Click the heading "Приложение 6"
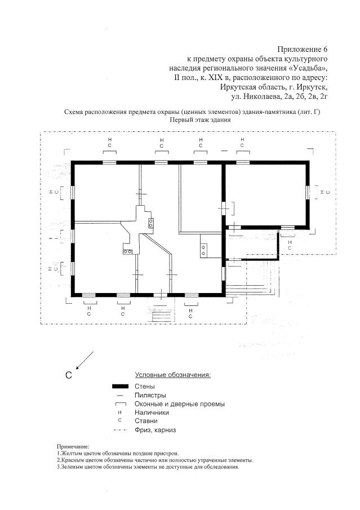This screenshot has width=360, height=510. click(302, 49)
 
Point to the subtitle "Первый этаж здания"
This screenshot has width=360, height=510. click(200, 119)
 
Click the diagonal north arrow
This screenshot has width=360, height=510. click(85, 361)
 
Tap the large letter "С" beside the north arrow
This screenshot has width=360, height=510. click(69, 375)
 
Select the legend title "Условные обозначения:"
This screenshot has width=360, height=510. click(173, 375)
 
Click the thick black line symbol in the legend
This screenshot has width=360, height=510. click(121, 387)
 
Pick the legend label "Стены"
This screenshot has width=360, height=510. click(145, 387)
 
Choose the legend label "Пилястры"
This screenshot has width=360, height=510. click(150, 396)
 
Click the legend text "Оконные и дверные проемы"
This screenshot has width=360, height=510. click(180, 404)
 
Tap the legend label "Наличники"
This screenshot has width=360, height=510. click(152, 413)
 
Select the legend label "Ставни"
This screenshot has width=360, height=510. click(146, 421)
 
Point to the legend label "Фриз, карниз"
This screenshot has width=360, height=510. click(155, 430)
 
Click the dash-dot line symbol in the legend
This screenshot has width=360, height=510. click(120, 430)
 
